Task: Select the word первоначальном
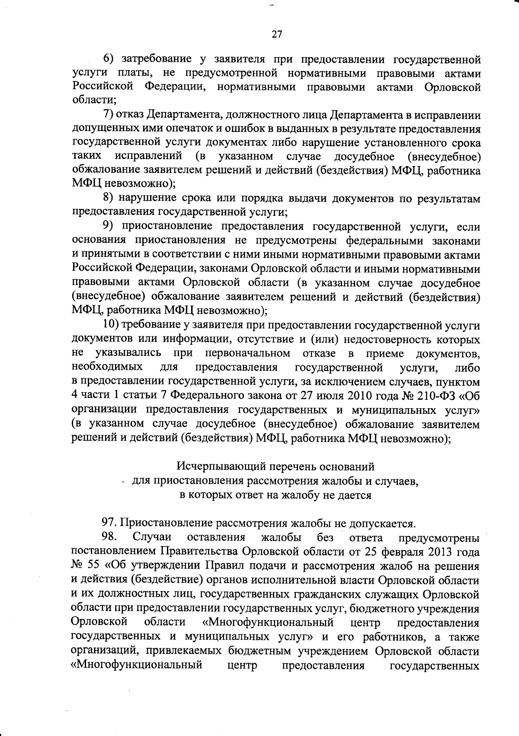248,353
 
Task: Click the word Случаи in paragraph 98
152,538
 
